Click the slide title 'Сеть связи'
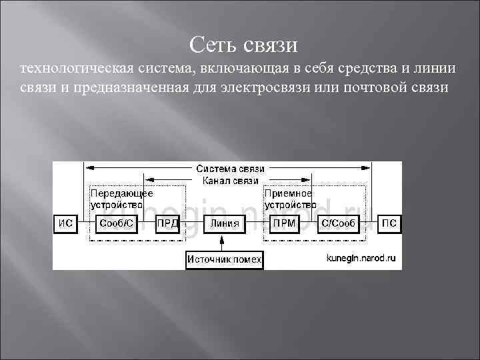[243, 45]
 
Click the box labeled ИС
[65, 223]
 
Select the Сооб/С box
[117, 223]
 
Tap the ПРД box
[167, 223]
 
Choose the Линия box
[224, 223]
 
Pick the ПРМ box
[283, 223]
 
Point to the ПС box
[389, 223]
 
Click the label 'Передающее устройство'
[121, 199]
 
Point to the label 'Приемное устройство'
[290, 199]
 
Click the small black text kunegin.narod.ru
[361, 257]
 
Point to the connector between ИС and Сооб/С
[83, 223]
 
